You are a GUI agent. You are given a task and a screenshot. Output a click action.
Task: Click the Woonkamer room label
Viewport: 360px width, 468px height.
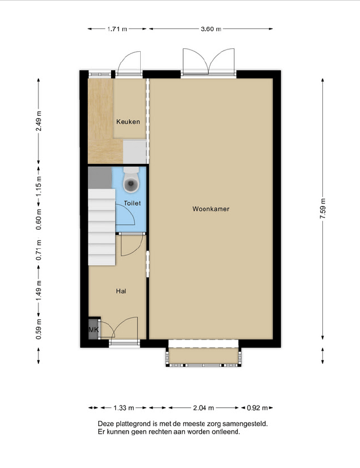pyautogui.click(x=211, y=209)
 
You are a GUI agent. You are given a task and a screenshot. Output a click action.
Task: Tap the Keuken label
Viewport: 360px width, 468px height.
pyautogui.click(x=128, y=122)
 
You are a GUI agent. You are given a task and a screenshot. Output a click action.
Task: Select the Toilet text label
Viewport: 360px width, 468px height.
pyautogui.click(x=132, y=203)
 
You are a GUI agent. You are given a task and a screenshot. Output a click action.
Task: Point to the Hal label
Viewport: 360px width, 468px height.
pyautogui.click(x=121, y=291)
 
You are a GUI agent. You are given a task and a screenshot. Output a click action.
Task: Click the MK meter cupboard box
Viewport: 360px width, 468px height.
pyautogui.click(x=94, y=330)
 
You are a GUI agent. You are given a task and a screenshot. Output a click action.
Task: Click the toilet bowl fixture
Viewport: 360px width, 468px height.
pyautogui.click(x=131, y=180)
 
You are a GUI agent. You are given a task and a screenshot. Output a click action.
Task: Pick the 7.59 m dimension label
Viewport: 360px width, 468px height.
pyautogui.click(x=323, y=208)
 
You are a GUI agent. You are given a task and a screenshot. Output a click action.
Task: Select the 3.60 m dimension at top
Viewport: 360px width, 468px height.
pyautogui.click(x=211, y=29)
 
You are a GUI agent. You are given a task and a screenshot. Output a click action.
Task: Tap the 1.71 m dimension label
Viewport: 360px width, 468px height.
pyautogui.click(x=117, y=29)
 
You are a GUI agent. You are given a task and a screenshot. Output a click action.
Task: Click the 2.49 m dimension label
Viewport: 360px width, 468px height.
pyautogui.click(x=38, y=121)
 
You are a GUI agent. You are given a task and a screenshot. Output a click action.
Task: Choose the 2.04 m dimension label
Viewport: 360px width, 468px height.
pyautogui.click(x=204, y=408)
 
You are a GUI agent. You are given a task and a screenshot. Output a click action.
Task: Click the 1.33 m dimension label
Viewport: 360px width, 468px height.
pyautogui.click(x=123, y=408)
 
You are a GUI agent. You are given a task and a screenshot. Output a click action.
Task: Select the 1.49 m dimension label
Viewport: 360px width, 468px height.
pyautogui.click(x=38, y=291)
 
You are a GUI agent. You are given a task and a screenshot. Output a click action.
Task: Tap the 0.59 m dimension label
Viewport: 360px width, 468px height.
pyautogui.click(x=38, y=329)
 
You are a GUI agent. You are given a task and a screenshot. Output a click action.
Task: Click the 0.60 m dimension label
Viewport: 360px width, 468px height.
pyautogui.click(x=38, y=220)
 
